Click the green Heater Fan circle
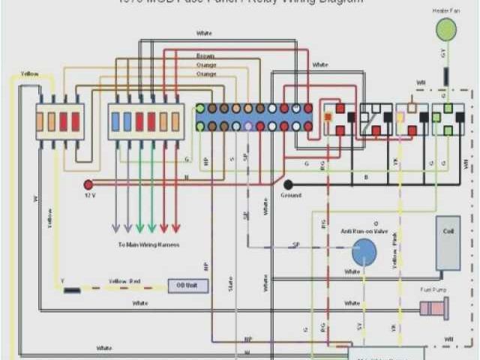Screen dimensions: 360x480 pyautogui.click(x=446, y=29)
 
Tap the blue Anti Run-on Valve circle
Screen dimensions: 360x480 pyautogui.click(x=364, y=253)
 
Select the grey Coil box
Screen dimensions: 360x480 pyautogui.click(x=448, y=243)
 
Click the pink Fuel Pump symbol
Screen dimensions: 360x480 pyautogui.click(x=434, y=307)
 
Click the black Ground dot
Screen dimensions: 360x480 pyautogui.click(x=288, y=184)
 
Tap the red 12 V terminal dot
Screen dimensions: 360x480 pyautogui.click(x=88, y=184)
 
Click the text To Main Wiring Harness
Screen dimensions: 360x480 pyautogui.click(x=148, y=244)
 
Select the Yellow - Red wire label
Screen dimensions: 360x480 pyautogui.click(x=124, y=280)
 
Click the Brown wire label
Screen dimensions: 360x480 pyautogui.click(x=205, y=56)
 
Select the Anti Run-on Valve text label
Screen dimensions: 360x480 pyautogui.click(x=364, y=231)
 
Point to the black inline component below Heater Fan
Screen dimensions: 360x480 pyautogui.click(x=445, y=76)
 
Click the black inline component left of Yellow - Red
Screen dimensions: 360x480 pyautogui.click(x=73, y=289)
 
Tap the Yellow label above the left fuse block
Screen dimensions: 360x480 pyautogui.click(x=30, y=74)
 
